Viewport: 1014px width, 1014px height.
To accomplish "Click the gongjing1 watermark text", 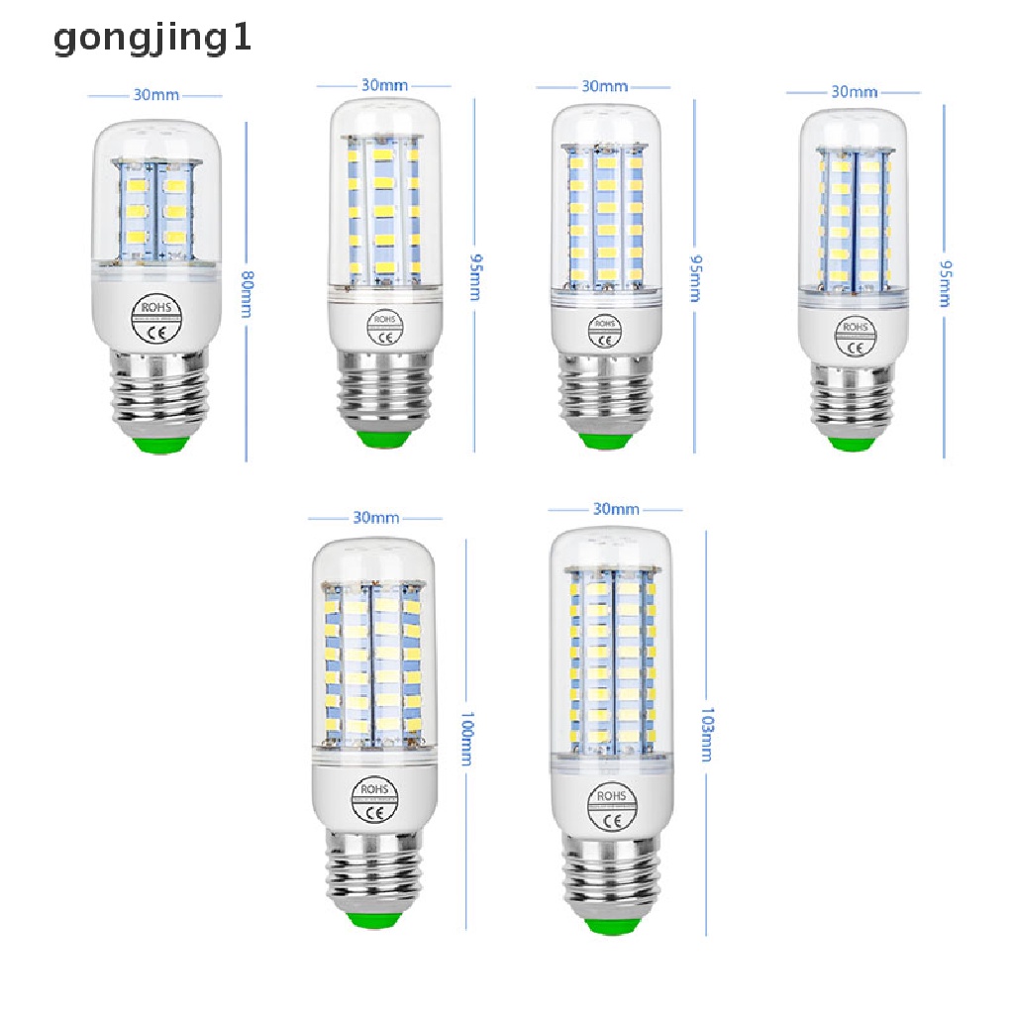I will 153,39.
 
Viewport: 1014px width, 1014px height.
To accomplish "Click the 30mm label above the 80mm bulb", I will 156,96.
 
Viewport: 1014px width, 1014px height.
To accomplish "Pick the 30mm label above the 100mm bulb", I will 375,518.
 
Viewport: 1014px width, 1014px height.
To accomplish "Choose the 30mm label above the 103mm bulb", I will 615,510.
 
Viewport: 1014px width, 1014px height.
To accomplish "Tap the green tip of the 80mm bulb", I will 155,446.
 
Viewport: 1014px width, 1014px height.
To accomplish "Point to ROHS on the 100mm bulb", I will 375,789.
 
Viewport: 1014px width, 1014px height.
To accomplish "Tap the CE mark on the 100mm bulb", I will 375,813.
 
